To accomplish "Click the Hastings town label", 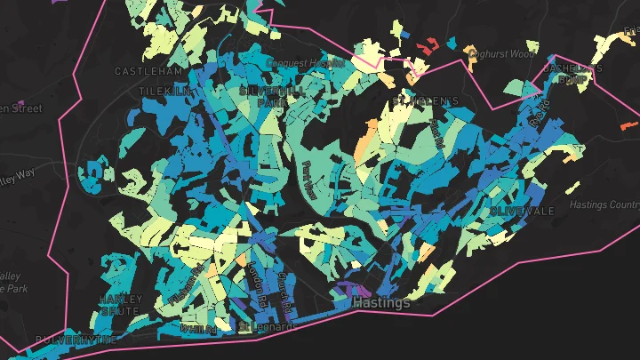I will point(381,303).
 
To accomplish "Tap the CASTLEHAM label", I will point(148,71).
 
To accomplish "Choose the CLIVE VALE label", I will point(522,212).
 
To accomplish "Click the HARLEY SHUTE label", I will point(120,305).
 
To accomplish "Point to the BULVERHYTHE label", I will point(76,340).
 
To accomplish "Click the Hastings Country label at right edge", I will point(604,205).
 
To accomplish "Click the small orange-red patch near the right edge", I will point(628,127).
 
